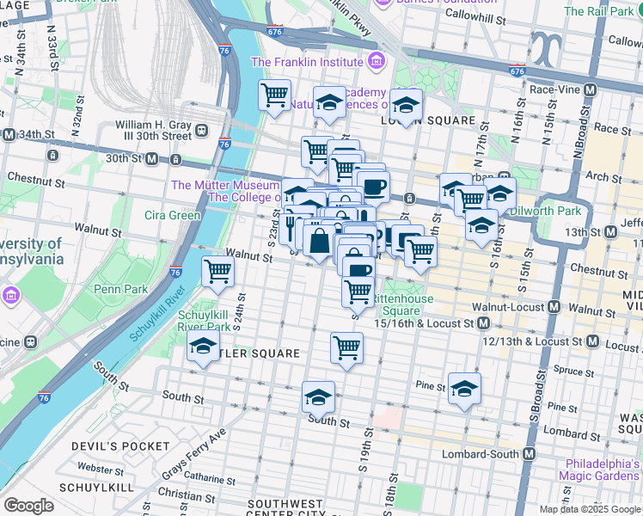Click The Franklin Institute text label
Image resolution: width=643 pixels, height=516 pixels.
point(306,62)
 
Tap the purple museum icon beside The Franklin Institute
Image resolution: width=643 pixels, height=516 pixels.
point(375,62)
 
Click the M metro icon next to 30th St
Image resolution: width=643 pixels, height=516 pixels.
point(152,159)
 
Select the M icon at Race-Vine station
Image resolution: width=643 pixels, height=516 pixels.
point(591,89)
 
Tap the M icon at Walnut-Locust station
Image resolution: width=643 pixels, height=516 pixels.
point(554,307)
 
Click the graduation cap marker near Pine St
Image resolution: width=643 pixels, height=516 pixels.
point(464,388)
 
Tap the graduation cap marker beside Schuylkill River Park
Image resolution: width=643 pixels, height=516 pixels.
point(203,347)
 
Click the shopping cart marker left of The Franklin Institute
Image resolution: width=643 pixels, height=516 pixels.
point(274,94)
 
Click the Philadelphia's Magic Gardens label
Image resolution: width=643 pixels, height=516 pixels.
point(599,469)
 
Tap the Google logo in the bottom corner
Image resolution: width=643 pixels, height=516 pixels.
point(28,506)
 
